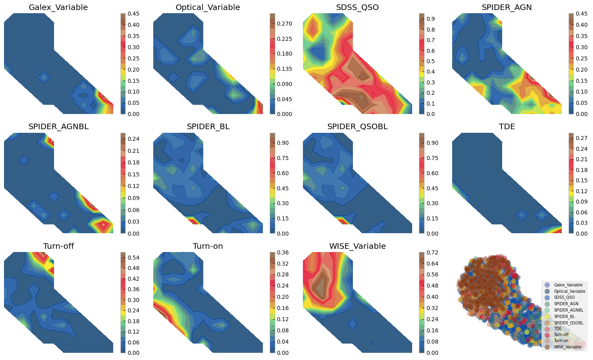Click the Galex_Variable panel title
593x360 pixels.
pos(58,8)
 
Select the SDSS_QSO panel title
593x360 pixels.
pos(357,8)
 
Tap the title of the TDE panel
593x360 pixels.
pos(507,127)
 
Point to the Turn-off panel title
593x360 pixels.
pos(58,246)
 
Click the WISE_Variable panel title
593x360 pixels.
pos(357,246)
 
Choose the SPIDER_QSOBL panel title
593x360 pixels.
pos(357,127)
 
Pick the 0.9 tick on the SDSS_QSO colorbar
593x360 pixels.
pos(431,19)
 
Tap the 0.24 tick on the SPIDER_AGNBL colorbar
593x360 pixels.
pos(133,139)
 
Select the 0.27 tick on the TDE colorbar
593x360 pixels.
pos(581,138)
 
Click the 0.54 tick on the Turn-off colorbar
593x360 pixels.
pos(133,258)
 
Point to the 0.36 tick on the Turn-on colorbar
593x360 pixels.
pos(282,252)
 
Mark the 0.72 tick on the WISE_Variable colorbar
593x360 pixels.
pos(432,252)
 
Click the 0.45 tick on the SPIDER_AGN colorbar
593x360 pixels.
pos(581,14)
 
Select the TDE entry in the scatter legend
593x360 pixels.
pos(558,328)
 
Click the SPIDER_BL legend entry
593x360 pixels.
pos(564,316)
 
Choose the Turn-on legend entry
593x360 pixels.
pos(561,341)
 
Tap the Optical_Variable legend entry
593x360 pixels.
pos(569,292)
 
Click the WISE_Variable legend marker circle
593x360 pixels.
pos(547,347)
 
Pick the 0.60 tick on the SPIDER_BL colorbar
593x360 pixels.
pos(282,173)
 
